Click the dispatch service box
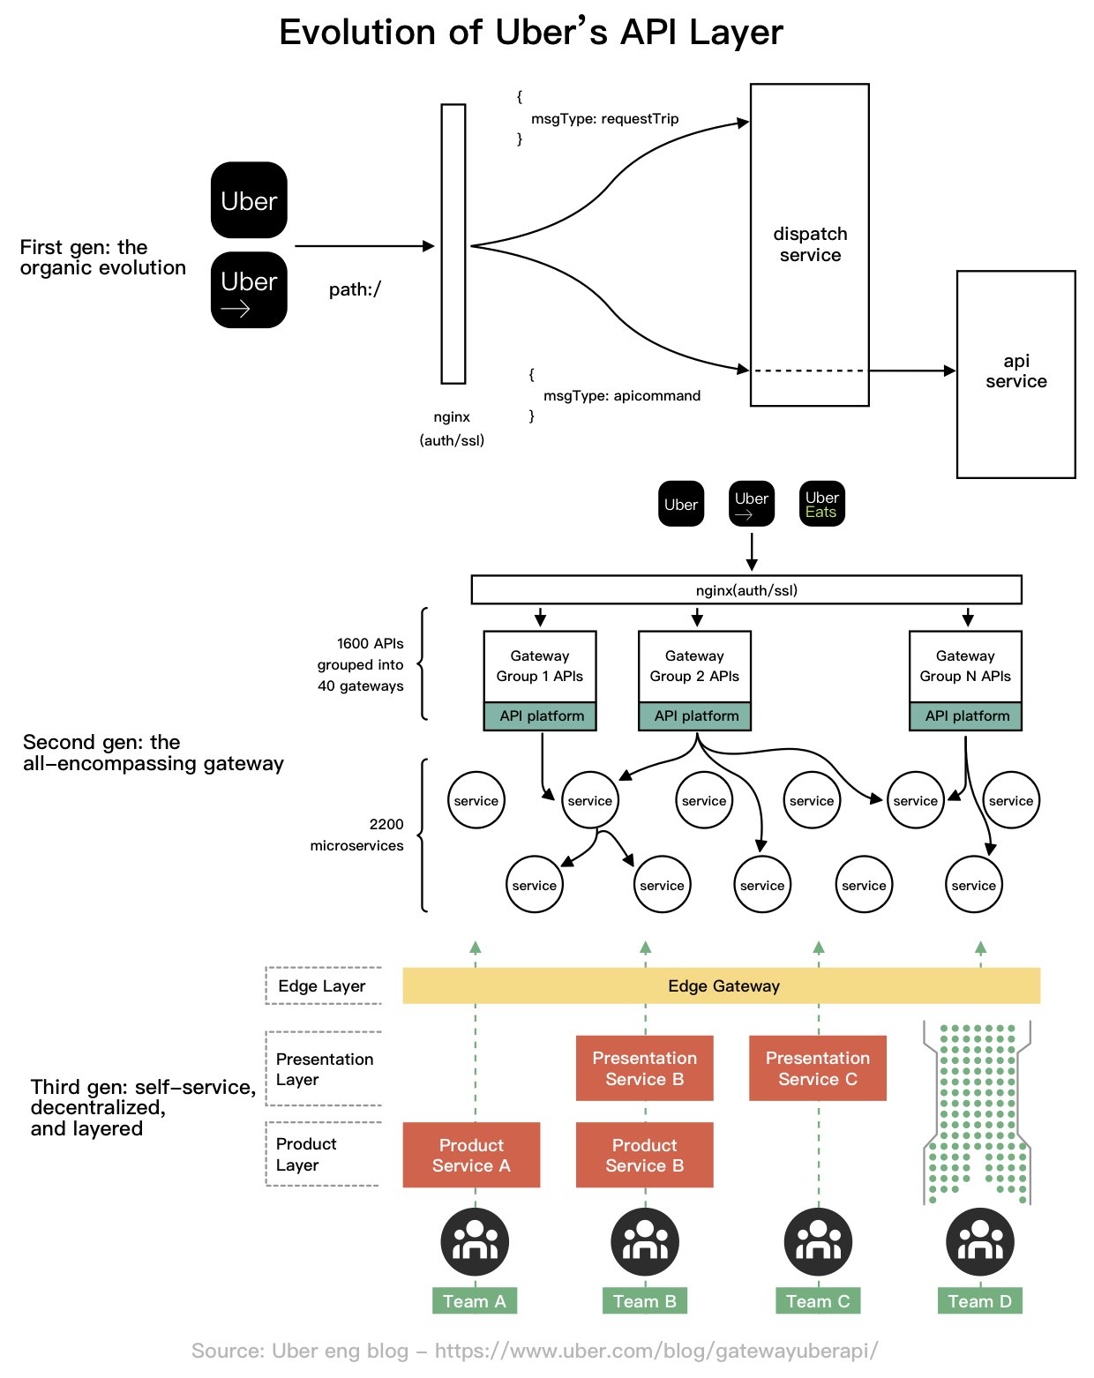pyautogui.click(x=809, y=244)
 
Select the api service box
pyautogui.click(x=1015, y=373)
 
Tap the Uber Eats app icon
pyautogui.click(x=821, y=504)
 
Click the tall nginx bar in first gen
pyautogui.click(x=453, y=243)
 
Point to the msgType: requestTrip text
pyautogui.click(x=604, y=119)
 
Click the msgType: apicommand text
pyautogui.click(x=621, y=396)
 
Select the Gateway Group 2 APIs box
pyautogui.click(x=694, y=667)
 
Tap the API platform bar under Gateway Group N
pyautogui.click(x=966, y=716)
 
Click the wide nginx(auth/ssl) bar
pyautogui.click(x=746, y=590)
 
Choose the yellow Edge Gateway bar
pyautogui.click(x=722, y=986)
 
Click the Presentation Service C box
pyautogui.click(x=817, y=1068)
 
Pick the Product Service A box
pyautogui.click(x=471, y=1155)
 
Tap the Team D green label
pyautogui.click(x=979, y=1301)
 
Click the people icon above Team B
pyautogui.click(x=645, y=1241)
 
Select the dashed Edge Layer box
pyautogui.click(x=323, y=986)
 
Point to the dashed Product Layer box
pyautogui.click(x=323, y=1154)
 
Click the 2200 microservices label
pyautogui.click(x=357, y=835)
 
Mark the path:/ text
pyautogui.click(x=355, y=290)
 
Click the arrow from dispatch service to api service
pyautogui.click(x=912, y=371)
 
